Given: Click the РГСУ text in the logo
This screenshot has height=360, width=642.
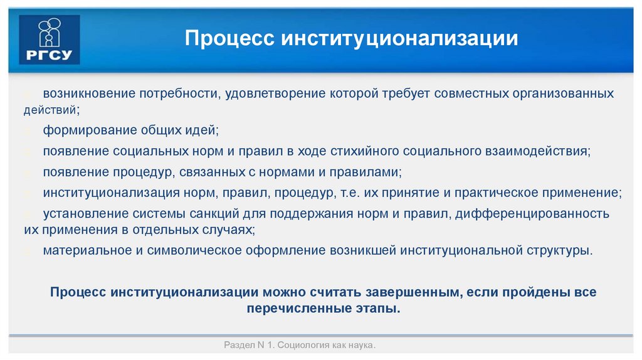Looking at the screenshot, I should tap(48, 53).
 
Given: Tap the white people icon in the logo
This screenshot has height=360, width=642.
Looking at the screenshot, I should tap(50, 32).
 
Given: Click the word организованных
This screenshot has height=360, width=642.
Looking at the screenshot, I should tap(559, 93).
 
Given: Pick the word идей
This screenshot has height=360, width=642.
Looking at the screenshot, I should tap(199, 130).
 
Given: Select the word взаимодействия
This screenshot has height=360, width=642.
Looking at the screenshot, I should tap(537, 151).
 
